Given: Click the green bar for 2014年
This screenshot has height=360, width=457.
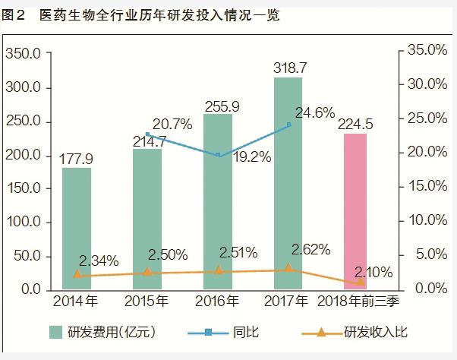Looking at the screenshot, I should [x=77, y=228].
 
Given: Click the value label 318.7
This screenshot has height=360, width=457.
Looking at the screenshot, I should [x=290, y=68].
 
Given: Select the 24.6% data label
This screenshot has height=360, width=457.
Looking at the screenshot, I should [x=314, y=113].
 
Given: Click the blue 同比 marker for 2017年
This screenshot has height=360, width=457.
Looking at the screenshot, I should [x=288, y=125].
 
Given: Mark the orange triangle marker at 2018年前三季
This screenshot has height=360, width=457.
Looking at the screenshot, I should [x=361, y=283].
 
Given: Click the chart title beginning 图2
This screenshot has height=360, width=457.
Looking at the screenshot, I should [x=140, y=15].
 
